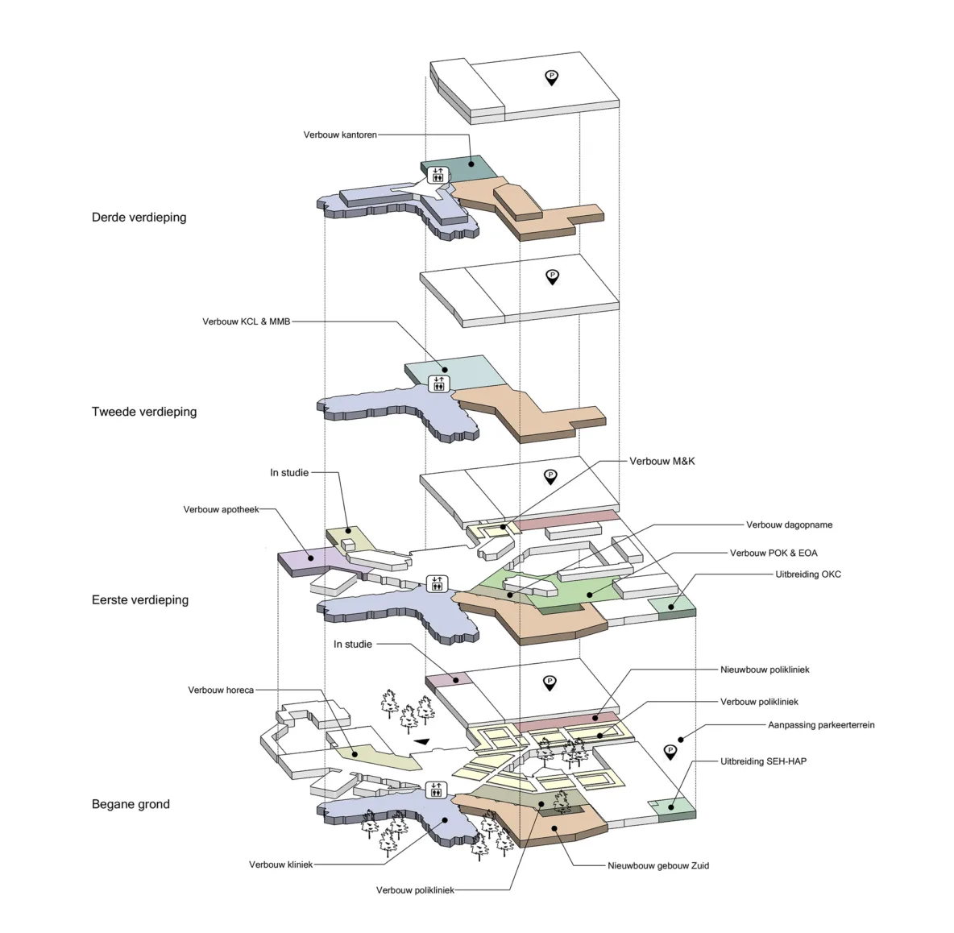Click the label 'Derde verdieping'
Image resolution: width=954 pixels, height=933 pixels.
(x=139, y=218)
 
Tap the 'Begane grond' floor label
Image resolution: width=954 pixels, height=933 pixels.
(x=131, y=804)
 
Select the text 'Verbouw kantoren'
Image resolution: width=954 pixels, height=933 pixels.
(x=340, y=135)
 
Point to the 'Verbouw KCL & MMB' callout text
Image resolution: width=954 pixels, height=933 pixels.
(x=246, y=321)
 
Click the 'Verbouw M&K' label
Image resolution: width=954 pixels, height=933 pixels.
(x=662, y=461)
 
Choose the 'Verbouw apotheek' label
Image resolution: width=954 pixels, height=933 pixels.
(x=221, y=509)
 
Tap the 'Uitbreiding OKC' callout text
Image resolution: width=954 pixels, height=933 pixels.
(x=807, y=574)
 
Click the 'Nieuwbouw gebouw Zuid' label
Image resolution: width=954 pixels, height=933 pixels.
(x=658, y=865)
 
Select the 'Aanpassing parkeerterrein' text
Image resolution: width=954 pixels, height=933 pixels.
(x=820, y=725)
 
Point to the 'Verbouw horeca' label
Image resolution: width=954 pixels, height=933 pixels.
(x=221, y=690)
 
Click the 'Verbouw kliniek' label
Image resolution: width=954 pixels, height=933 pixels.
(x=280, y=865)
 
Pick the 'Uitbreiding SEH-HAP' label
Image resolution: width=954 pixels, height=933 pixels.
(x=763, y=761)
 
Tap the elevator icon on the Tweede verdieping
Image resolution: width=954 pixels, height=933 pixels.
(x=438, y=383)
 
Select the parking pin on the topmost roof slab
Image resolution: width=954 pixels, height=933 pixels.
(x=551, y=78)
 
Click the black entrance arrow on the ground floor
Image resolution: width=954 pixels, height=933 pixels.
(x=421, y=742)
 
